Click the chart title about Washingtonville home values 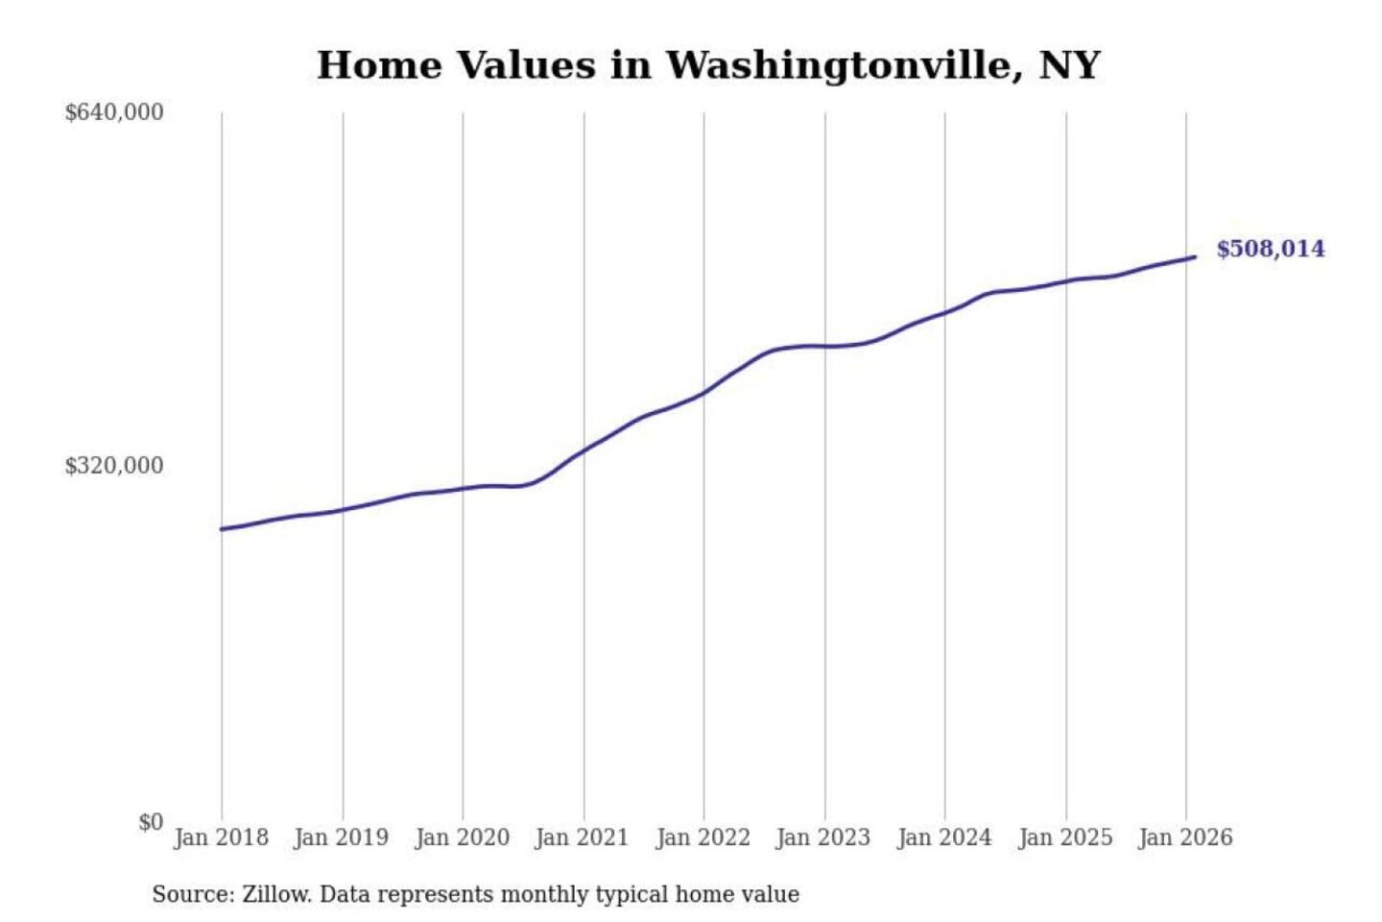[x=708, y=65]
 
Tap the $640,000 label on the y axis [x=114, y=112]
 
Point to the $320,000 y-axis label [x=114, y=466]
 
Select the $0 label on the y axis [x=151, y=822]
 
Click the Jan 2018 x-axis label [x=221, y=837]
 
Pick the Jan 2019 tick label [x=342, y=837]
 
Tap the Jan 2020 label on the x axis [x=462, y=837]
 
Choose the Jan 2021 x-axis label [x=582, y=837]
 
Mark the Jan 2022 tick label [x=703, y=837]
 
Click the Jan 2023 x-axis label [x=822, y=837]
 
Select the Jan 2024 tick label [x=943, y=837]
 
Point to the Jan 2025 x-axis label [x=1064, y=837]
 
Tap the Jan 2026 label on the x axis [x=1184, y=837]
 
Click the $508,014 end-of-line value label [x=1270, y=249]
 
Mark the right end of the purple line [x=1195, y=256]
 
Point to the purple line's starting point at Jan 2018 [x=222, y=529]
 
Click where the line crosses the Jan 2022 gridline [x=703, y=393]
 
